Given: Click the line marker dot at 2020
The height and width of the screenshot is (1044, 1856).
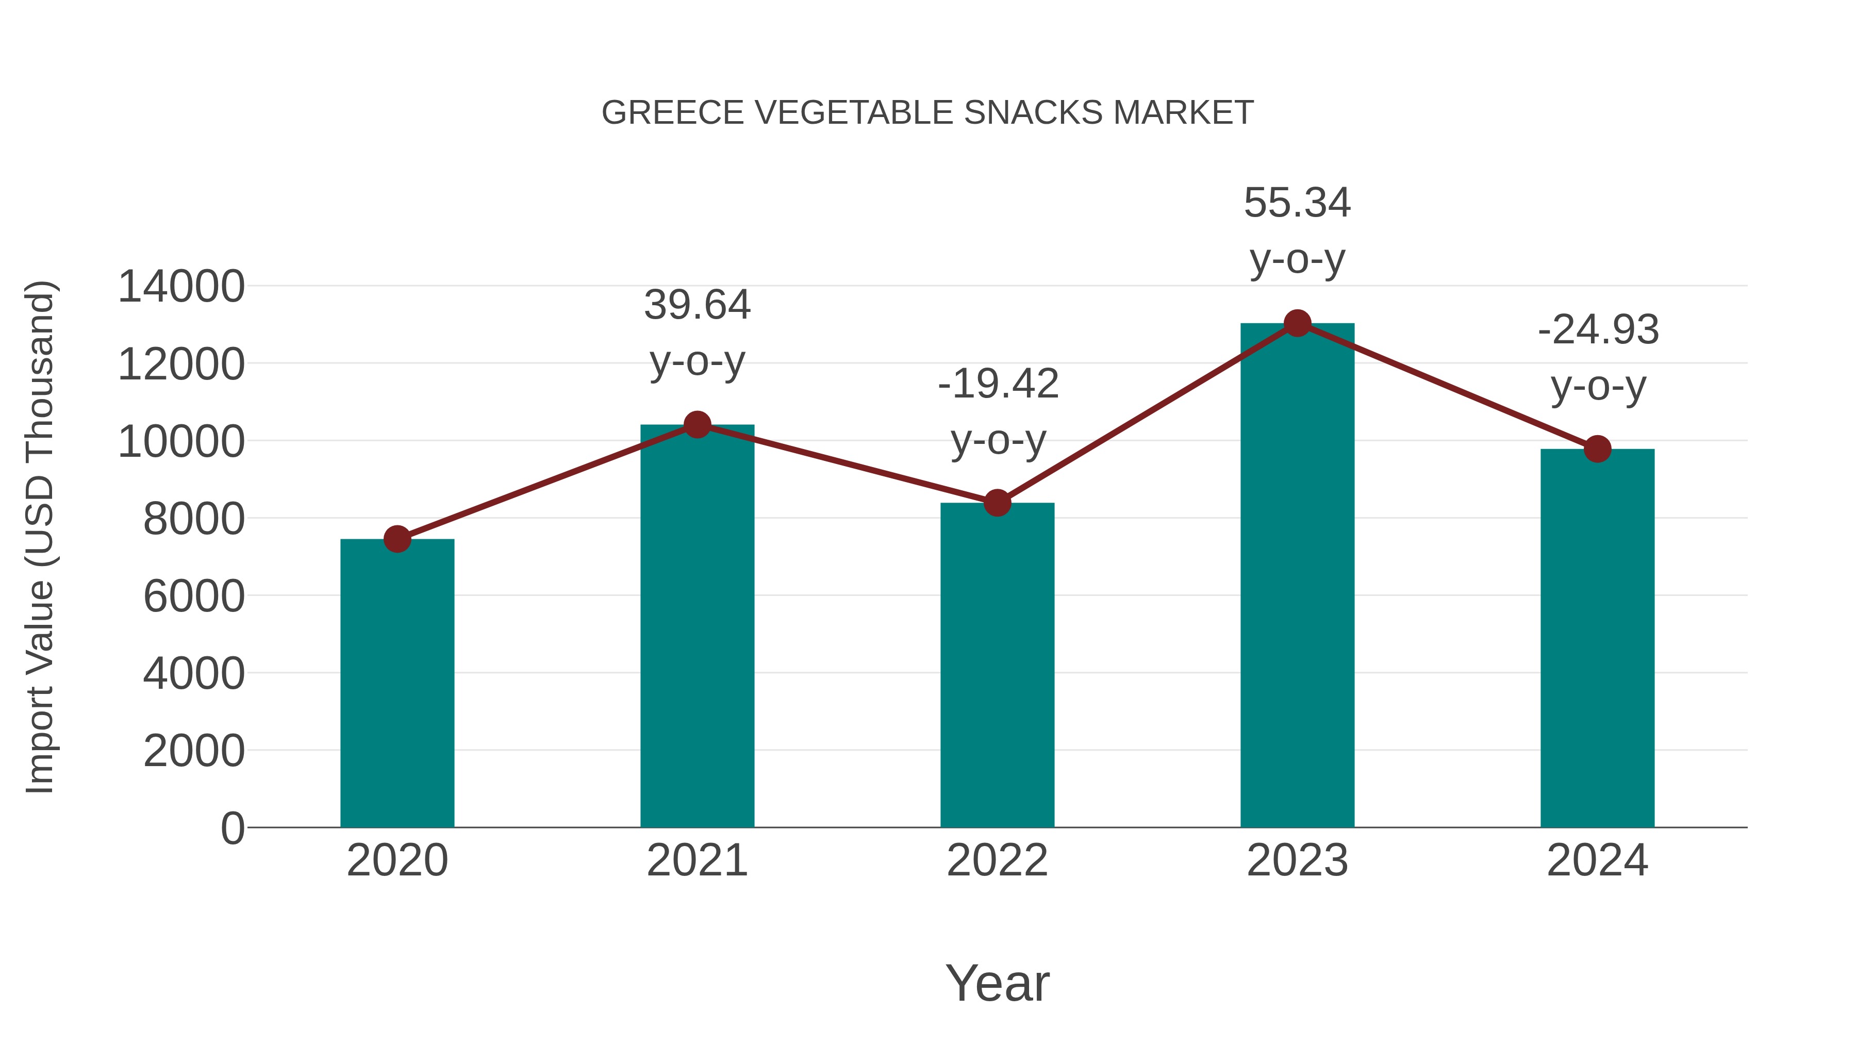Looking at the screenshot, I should (x=397, y=539).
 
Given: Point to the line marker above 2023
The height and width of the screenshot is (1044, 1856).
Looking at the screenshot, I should (x=1297, y=323).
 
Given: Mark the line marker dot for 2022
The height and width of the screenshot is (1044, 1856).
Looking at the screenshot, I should (x=997, y=503).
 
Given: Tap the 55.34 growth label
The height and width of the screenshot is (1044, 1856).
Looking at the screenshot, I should (x=1297, y=203).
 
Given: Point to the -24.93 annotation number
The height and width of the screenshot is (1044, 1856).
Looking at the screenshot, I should (x=1598, y=330).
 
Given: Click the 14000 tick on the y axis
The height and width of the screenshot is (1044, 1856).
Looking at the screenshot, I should (x=181, y=287).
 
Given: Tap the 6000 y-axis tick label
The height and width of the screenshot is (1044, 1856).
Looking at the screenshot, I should (x=194, y=596).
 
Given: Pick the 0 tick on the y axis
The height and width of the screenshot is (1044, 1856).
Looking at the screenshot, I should (x=232, y=828).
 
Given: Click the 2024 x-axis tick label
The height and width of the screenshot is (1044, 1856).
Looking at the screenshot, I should (x=1597, y=860).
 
